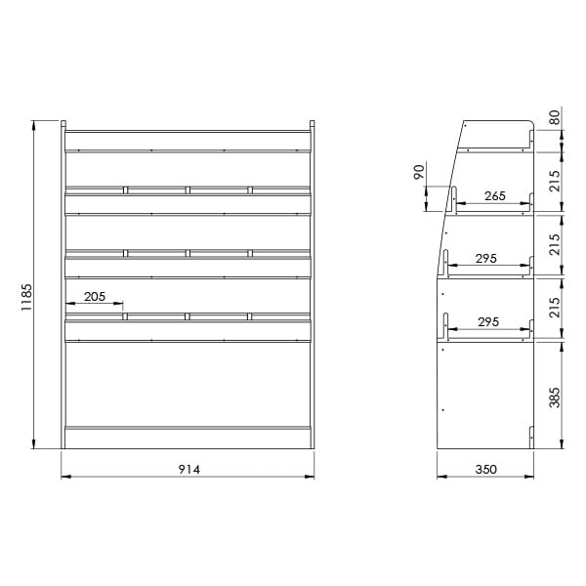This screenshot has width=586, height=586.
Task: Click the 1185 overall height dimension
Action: [26, 298]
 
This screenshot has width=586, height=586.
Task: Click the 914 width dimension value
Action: [189, 470]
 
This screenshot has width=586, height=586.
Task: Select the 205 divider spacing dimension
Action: [95, 297]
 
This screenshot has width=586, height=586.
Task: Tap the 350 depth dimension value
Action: [485, 470]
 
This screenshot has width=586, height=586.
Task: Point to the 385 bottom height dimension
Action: [555, 398]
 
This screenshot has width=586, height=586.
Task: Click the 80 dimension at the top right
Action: [555, 117]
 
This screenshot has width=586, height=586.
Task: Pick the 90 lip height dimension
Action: [419, 172]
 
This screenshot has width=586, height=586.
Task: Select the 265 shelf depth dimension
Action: [495, 196]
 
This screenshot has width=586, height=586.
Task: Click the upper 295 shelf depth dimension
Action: [485, 258]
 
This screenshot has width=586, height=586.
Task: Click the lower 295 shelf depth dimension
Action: [488, 321]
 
